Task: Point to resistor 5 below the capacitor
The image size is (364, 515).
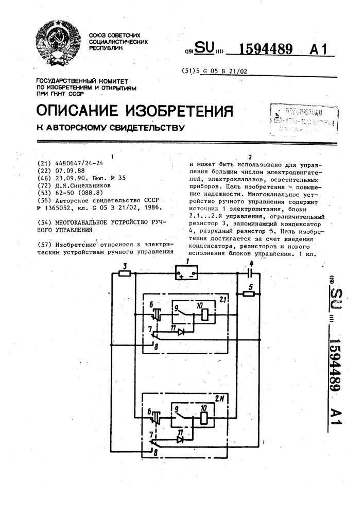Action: [x=250, y=294]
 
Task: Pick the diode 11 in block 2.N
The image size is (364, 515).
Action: [x=181, y=439]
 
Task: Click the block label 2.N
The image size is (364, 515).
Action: [x=219, y=398]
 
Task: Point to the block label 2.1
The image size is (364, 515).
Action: [x=222, y=299]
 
